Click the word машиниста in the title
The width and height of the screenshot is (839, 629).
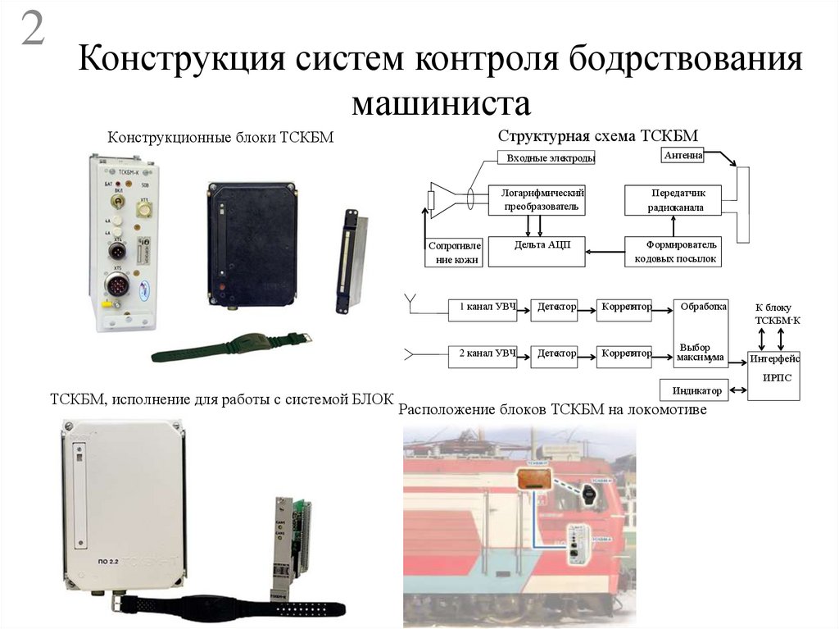point(442,104)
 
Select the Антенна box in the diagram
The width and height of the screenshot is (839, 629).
point(682,154)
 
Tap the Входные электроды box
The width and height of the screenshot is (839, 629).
point(546,157)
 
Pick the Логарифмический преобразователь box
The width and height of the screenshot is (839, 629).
point(537,199)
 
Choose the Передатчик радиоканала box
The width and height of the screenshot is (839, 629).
point(674,199)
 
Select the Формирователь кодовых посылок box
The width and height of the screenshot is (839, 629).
point(674,251)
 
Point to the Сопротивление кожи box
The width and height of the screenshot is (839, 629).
point(455,252)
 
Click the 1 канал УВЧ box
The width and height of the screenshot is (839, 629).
point(483,309)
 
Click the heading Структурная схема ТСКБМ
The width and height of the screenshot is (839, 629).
point(597,135)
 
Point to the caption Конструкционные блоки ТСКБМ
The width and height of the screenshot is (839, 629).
point(221,137)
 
